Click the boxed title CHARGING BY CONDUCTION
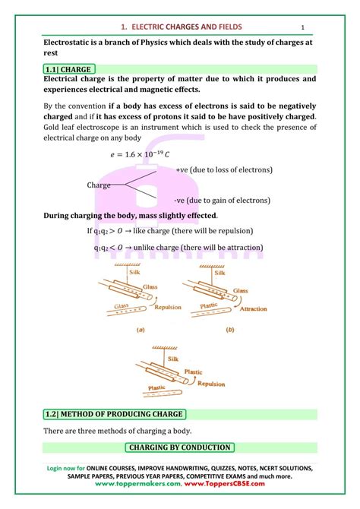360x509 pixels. [x=179, y=447]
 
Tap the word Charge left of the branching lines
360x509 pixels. [x=99, y=185]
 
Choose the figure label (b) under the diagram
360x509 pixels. [x=230, y=330]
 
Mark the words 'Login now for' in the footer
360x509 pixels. [x=68, y=468]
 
